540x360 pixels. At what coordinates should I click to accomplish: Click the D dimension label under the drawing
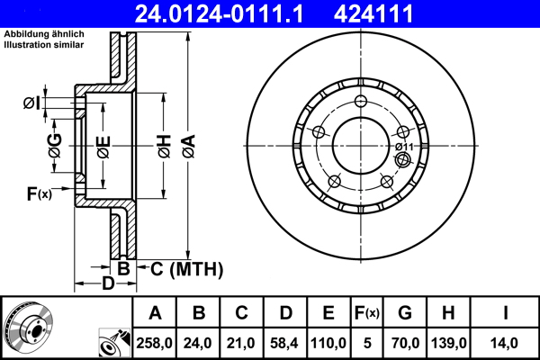107,285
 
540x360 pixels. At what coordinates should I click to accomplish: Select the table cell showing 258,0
155,342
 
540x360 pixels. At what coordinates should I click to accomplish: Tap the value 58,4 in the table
285,342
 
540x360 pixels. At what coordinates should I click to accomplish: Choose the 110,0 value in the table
328,342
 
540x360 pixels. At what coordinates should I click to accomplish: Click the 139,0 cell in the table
448,342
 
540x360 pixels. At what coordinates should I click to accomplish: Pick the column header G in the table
405,313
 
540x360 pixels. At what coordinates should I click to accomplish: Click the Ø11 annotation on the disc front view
403,147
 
